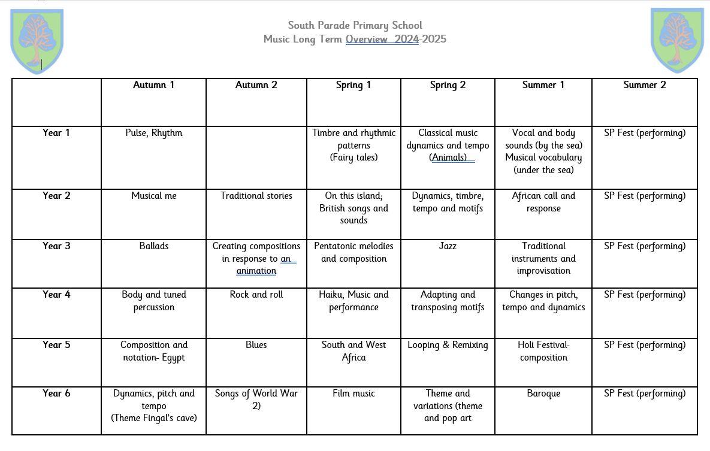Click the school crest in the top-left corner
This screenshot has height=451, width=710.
tap(37, 41)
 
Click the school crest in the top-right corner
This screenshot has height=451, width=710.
tap(677, 41)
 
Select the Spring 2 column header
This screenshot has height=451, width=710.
tap(448, 85)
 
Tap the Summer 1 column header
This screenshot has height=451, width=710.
tap(543, 85)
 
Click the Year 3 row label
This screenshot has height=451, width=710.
tap(56, 246)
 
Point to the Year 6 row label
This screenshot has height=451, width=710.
tap(56, 394)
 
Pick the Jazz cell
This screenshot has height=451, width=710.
tap(448, 246)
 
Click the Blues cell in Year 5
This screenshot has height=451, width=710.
tap(256, 345)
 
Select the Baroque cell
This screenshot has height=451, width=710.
tap(543, 394)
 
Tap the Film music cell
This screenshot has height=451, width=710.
tap(354, 394)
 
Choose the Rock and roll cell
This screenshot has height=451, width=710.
tap(256, 295)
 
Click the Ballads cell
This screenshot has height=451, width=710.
tap(153, 246)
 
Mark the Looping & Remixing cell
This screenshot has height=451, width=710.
tap(448, 345)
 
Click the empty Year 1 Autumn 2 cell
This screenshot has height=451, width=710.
tap(256, 157)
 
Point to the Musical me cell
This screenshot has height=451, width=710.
tap(153, 196)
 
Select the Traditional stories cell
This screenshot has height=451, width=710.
tap(256, 196)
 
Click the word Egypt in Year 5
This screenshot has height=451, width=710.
tap(173, 358)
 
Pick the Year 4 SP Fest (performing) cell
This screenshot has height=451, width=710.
tap(644, 295)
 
